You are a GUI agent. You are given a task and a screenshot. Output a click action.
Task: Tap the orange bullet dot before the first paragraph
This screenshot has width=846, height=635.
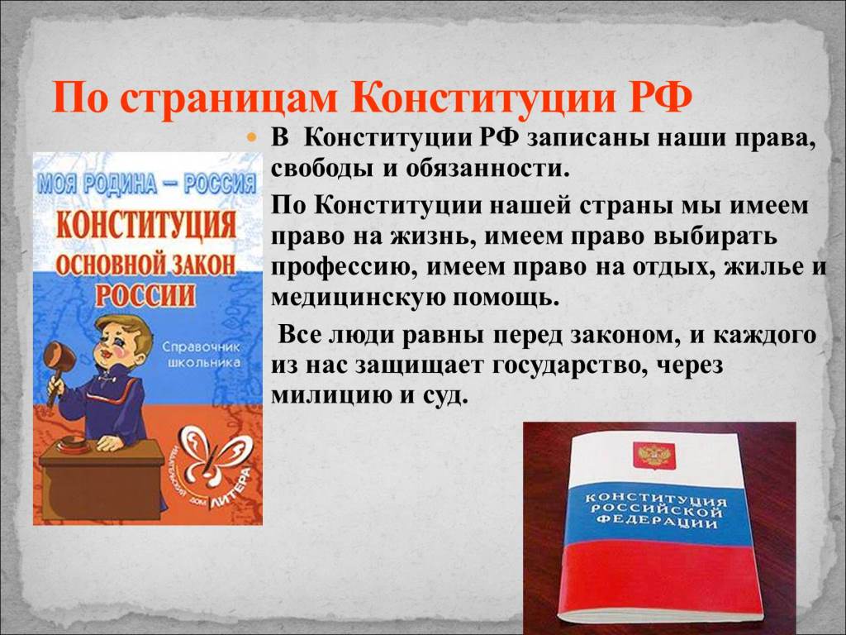pyautogui.click(x=250, y=138)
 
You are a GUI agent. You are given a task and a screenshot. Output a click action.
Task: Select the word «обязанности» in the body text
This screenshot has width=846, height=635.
pyautogui.click(x=487, y=169)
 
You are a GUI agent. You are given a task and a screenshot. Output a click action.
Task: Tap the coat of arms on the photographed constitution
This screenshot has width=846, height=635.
pyautogui.click(x=654, y=455)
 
